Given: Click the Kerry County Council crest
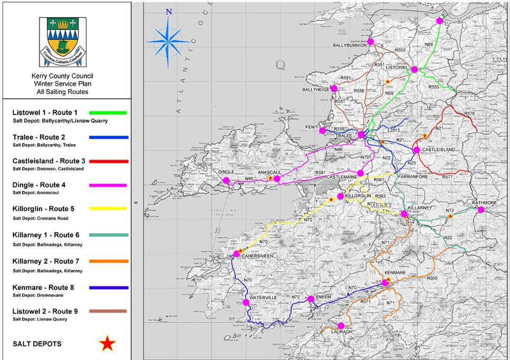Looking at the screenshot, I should coord(63,42).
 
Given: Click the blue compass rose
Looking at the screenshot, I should coord(168,40).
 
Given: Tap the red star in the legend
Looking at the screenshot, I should coord(108,344).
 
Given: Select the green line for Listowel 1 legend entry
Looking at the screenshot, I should coord(108,112).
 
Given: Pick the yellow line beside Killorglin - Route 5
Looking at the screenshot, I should coord(108,209).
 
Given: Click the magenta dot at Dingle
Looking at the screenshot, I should coord(226,181).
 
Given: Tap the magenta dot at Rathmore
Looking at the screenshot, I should coord(481,210).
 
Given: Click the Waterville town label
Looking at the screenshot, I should coord(263,298).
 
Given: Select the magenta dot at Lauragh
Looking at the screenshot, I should coord(341,326).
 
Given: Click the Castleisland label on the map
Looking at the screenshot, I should coord(438,150).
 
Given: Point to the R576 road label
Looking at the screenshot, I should coord(469,113).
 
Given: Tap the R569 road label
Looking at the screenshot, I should coord(432,278).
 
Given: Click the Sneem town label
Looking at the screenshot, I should coord(323,297).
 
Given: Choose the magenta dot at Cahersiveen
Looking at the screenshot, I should coord(236,254).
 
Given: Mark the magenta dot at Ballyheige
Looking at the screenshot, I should coord(334,88).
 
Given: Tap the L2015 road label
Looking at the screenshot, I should coord(394,129).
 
